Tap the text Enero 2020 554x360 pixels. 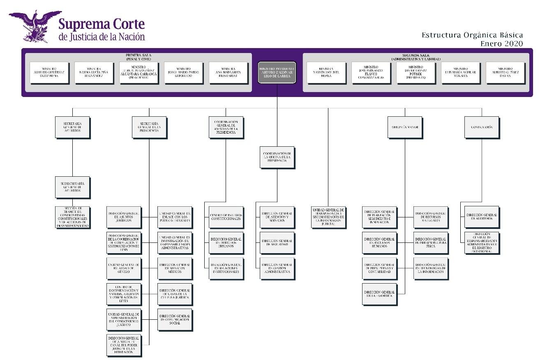click(x=502, y=44)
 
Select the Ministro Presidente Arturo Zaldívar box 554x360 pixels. click(x=277, y=73)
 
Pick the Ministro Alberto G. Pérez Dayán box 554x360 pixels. click(x=505, y=73)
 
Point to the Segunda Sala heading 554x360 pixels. click(x=417, y=55)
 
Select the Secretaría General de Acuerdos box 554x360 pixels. click(x=72, y=127)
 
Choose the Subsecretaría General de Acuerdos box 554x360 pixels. click(x=72, y=187)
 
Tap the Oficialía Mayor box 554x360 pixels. click(x=404, y=127)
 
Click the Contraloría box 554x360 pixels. click(x=481, y=127)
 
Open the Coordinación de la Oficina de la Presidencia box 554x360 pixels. click(x=277, y=157)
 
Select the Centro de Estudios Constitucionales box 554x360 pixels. click(x=226, y=217)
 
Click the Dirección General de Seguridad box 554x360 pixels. click(x=277, y=242)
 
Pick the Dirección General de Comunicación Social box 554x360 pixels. click(x=175, y=319)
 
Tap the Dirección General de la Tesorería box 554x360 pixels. click(x=379, y=294)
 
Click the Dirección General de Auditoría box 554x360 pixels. click(x=482, y=217)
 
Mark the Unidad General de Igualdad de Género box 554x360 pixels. click(x=124, y=268)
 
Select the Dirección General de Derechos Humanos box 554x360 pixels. click(x=226, y=242)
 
